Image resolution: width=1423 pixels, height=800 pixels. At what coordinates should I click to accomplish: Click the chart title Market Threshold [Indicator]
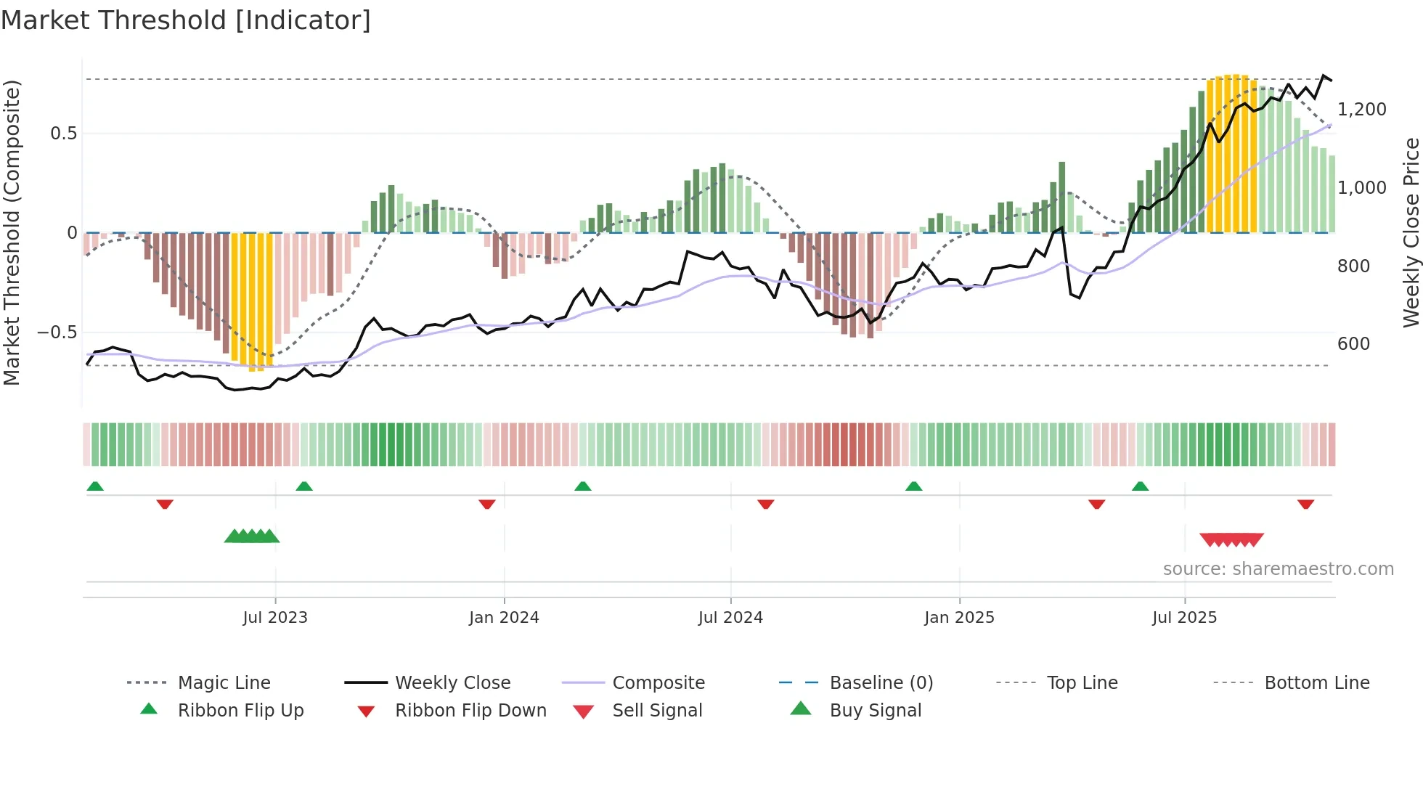[x=186, y=20]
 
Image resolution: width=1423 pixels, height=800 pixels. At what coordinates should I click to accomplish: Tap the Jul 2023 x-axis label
[x=275, y=618]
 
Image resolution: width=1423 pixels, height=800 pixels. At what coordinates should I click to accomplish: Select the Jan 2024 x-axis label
[x=504, y=618]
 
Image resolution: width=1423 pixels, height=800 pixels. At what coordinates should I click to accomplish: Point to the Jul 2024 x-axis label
[x=730, y=618]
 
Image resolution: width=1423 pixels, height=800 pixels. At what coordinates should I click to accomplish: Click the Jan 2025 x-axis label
[x=959, y=618]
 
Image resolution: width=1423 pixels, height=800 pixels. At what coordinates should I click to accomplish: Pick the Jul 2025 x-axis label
[x=1184, y=618]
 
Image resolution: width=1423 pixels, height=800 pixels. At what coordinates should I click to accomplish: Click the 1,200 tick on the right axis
[x=1361, y=110]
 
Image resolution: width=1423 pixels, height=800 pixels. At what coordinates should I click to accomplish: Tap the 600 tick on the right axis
[x=1353, y=344]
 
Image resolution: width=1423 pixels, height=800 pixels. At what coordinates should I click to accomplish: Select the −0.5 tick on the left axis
[x=57, y=332]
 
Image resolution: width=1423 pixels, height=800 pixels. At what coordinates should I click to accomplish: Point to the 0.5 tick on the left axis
[x=63, y=134]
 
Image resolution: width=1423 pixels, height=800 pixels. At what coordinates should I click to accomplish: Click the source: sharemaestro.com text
[x=1278, y=569]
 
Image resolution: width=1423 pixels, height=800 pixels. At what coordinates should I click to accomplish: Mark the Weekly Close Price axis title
[x=1411, y=232]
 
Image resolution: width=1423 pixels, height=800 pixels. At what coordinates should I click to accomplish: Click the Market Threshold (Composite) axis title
[x=12, y=232]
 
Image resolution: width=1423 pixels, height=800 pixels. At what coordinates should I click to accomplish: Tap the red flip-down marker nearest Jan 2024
[x=487, y=504]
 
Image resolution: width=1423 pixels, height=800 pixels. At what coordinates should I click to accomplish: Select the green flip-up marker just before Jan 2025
[x=913, y=486]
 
